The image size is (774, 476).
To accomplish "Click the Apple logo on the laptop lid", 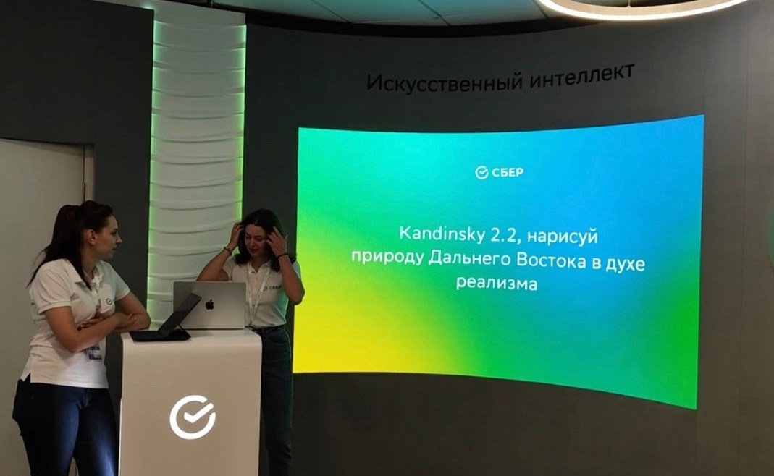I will point(210,304).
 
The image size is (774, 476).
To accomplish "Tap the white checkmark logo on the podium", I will point(193,417).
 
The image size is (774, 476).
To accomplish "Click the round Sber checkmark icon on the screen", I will point(481,172).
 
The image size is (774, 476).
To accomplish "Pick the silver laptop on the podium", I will point(210,305).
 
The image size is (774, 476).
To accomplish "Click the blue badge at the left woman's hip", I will point(93,352).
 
